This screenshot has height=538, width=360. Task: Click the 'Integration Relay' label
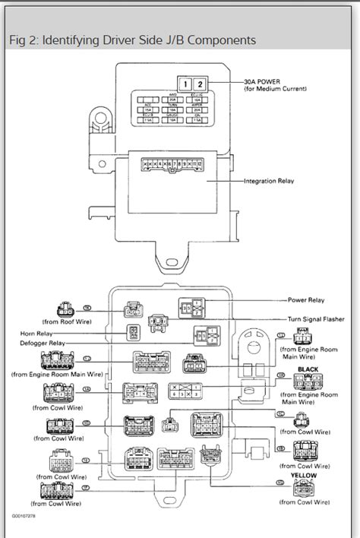[270, 182]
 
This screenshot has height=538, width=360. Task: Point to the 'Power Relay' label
[306, 300]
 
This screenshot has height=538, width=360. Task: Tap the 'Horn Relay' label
[39, 333]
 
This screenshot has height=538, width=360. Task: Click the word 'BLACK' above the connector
[309, 369]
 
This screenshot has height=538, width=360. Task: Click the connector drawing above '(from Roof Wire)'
[66, 309]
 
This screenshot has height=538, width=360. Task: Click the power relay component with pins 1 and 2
[191, 307]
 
